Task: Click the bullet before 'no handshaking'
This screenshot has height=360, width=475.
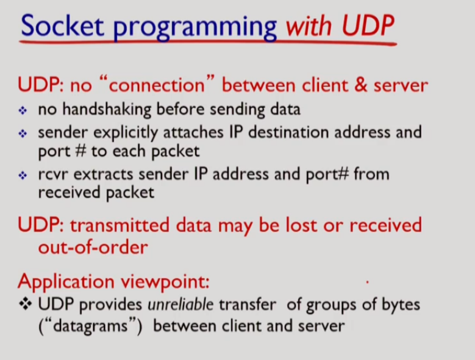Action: pos(23,111)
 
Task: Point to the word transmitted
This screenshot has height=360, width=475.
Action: pos(123,225)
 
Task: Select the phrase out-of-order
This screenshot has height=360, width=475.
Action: pos(93,247)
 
